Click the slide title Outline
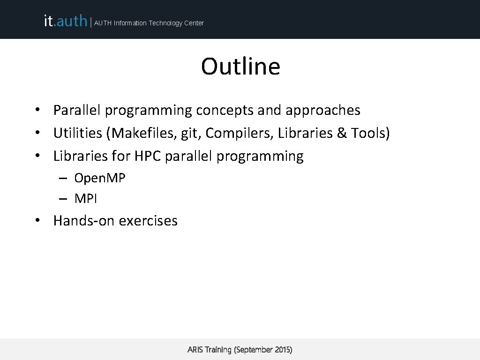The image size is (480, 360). click(x=240, y=67)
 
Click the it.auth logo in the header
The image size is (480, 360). click(x=65, y=21)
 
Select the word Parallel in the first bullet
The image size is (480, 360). click(x=77, y=110)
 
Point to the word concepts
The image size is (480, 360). click(x=225, y=110)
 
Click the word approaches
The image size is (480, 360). click(x=323, y=111)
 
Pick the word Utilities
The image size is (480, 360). click(x=78, y=133)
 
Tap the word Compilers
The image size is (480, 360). click(x=239, y=134)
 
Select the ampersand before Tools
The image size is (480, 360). click(x=341, y=133)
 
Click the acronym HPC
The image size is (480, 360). click(x=148, y=156)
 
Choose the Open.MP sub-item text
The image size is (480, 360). click(x=100, y=179)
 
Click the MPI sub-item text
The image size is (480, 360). click(x=86, y=199)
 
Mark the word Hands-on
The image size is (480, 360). click(x=84, y=220)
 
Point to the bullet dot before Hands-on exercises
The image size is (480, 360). click(x=42, y=221)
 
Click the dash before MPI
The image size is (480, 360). click(x=63, y=199)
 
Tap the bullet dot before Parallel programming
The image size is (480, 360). click(x=42, y=111)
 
